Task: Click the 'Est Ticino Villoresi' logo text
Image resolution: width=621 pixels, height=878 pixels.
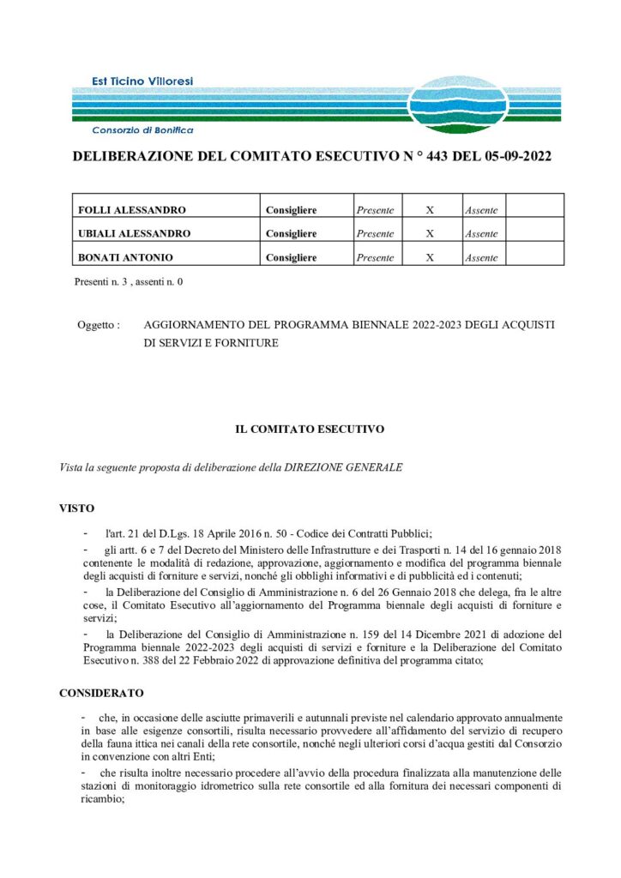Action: pyautogui.click(x=142, y=81)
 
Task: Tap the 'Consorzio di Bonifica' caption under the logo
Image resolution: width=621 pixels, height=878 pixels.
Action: pyautogui.click(x=142, y=130)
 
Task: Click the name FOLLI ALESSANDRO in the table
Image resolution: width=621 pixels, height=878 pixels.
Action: pyautogui.click(x=132, y=209)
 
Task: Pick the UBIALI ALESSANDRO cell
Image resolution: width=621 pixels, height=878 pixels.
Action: pyautogui.click(x=135, y=233)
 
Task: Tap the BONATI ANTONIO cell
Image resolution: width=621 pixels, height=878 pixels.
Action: pyautogui.click(x=126, y=257)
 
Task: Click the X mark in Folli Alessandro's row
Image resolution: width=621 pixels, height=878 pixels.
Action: pyautogui.click(x=430, y=209)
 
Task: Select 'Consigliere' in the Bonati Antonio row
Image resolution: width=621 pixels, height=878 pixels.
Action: pyautogui.click(x=291, y=257)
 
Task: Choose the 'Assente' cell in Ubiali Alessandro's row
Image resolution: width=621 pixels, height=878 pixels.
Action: pyautogui.click(x=480, y=233)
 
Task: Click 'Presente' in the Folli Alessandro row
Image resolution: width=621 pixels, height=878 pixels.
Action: pyautogui.click(x=375, y=209)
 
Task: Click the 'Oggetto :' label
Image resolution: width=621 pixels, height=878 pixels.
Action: pyautogui.click(x=98, y=326)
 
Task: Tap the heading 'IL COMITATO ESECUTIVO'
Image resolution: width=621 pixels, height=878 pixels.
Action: pyautogui.click(x=310, y=428)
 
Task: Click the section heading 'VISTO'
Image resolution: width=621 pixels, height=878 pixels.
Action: pyautogui.click(x=76, y=508)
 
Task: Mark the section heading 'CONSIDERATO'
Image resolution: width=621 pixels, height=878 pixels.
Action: pyautogui.click(x=101, y=692)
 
